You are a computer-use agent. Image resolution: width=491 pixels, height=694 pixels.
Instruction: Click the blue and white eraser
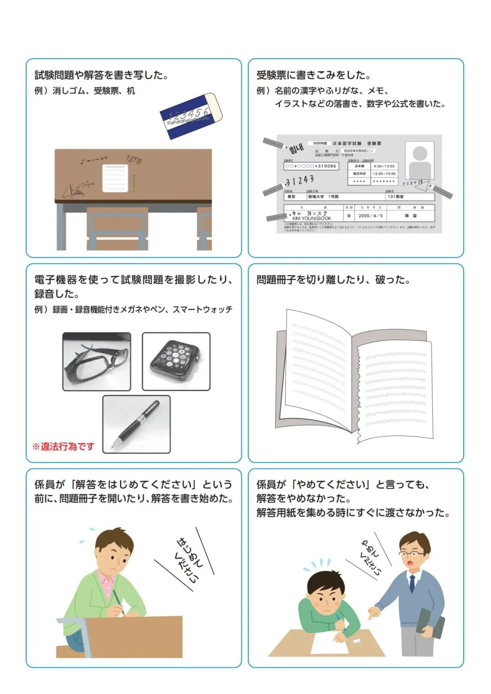[191, 115]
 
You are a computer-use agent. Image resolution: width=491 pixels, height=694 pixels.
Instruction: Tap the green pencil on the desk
[134, 181]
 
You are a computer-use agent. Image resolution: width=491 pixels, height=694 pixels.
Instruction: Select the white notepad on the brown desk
[115, 178]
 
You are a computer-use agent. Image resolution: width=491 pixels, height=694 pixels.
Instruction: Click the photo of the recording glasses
[96, 362]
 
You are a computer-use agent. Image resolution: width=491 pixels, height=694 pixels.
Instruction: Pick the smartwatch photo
[176, 362]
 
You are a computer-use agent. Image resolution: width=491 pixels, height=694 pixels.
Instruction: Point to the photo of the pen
[136, 424]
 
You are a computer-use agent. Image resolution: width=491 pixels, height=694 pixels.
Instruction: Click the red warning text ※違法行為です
[63, 446]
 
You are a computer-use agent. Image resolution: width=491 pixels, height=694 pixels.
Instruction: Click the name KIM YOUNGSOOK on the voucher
[311, 218]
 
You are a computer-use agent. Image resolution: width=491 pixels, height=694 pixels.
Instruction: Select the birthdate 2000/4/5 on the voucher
[371, 216]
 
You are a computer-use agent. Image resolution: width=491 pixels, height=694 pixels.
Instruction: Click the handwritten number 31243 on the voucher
[300, 181]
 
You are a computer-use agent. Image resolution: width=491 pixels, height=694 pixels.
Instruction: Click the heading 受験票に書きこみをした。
[314, 75]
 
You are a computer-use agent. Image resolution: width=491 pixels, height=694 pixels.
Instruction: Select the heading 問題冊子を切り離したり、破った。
[333, 280]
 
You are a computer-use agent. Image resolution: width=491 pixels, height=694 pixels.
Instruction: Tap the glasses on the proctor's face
[413, 554]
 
